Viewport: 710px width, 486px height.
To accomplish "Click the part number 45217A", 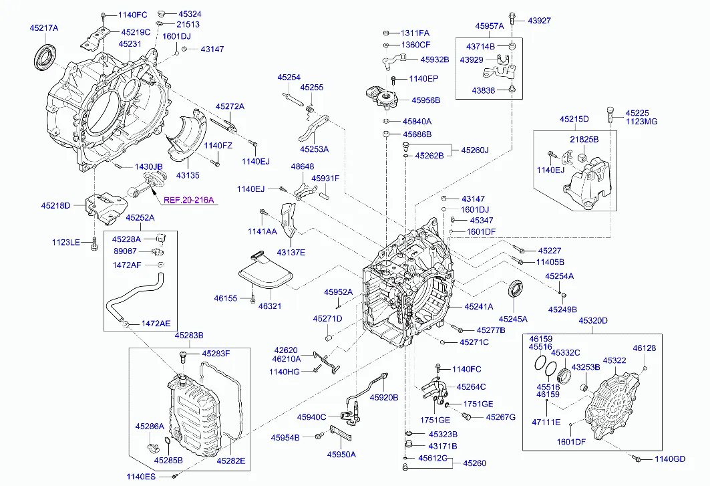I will click(44, 28).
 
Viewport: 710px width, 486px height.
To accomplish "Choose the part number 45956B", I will click(425, 100).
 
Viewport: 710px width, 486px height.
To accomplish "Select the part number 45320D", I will click(593, 321).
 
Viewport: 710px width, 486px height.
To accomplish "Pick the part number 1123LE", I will click(66, 242).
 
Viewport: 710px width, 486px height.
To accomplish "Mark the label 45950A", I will click(341, 455).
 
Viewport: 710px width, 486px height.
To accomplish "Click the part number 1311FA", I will click(415, 33).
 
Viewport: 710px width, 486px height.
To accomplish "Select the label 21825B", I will click(584, 139).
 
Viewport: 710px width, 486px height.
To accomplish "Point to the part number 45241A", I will click(479, 306).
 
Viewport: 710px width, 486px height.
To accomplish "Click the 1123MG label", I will click(641, 122).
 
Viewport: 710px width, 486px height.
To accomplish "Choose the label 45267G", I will click(500, 417).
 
